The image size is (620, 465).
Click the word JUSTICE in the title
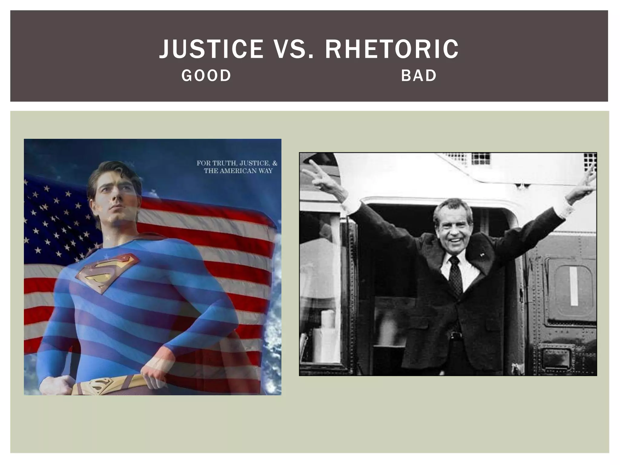point(211,49)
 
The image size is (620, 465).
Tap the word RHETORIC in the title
point(392,49)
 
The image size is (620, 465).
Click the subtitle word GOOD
point(206,76)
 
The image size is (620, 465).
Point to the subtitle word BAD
point(419,76)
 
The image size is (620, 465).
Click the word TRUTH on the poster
point(224,163)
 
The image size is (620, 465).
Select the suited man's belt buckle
point(453,335)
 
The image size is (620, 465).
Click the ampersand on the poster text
point(275,163)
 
